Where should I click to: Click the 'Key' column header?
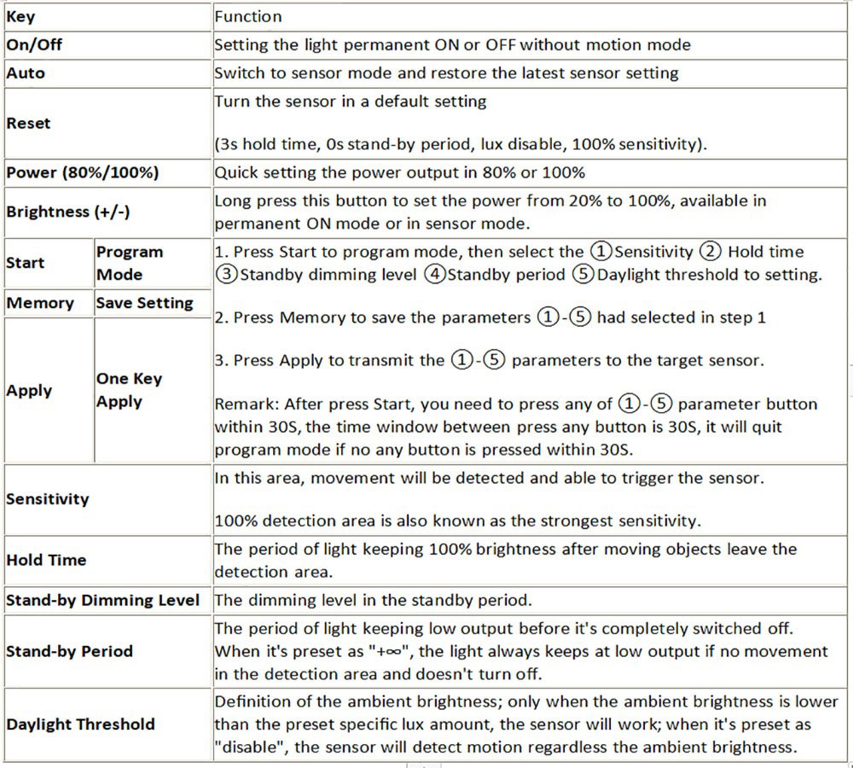[x=21, y=17]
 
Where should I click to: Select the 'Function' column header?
[x=248, y=17]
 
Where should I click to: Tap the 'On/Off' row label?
[x=34, y=45]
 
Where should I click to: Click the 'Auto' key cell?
[x=26, y=73]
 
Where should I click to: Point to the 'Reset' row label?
[x=28, y=123]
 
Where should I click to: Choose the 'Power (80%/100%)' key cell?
[x=83, y=172]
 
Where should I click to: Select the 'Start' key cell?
[x=25, y=263]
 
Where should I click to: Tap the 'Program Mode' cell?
[x=130, y=264]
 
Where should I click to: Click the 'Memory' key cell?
[x=40, y=303]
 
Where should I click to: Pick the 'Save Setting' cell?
[x=145, y=303]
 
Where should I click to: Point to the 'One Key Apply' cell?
[x=129, y=390]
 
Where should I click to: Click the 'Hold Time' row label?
[x=46, y=561]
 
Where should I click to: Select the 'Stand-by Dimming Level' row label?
[x=103, y=600]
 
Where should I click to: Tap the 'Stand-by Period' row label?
[x=70, y=651]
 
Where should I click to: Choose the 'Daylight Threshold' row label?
[x=81, y=724]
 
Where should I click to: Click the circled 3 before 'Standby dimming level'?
[x=226, y=275]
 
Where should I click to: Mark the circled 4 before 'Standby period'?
[x=434, y=275]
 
